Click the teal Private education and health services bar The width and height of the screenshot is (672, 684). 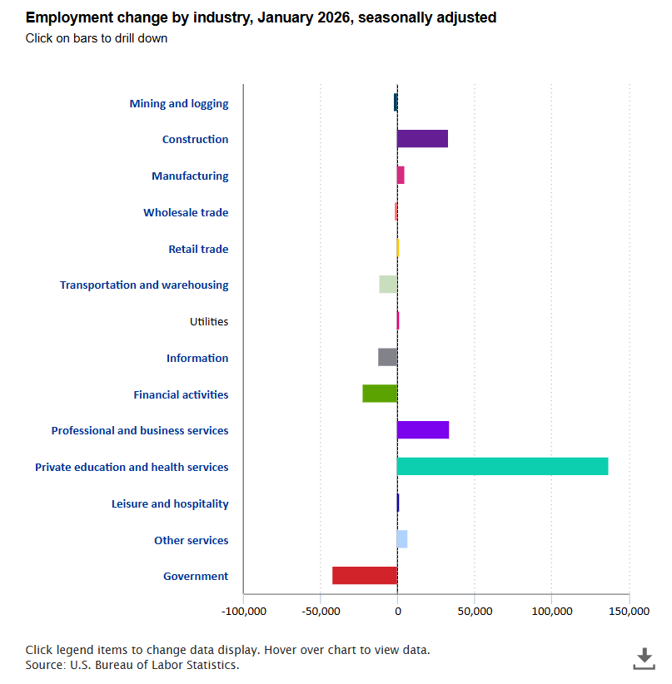[502, 467]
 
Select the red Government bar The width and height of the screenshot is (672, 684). [365, 576]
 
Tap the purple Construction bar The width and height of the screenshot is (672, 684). [422, 139]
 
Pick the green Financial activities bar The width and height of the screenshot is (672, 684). [380, 394]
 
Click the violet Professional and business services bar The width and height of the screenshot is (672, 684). [423, 430]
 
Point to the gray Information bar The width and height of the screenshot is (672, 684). [387, 358]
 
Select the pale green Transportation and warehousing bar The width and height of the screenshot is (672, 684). [388, 285]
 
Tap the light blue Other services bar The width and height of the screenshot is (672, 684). [402, 539]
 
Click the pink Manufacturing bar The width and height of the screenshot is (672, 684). [401, 176]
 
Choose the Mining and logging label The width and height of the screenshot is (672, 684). [178, 103]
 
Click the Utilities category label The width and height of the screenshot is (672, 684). [208, 321]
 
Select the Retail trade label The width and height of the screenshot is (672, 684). [198, 249]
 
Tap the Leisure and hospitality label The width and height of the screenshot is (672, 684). [170, 503]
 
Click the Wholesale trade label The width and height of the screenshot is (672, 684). [186, 212]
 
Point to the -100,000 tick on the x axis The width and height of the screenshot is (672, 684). [244, 612]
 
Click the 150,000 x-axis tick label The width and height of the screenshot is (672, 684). [629, 612]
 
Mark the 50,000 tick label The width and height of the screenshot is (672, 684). [474, 612]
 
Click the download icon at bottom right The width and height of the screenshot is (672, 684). [644, 658]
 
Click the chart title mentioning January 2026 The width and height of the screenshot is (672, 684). [261, 17]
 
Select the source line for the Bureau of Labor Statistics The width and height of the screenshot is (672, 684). [132, 665]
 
